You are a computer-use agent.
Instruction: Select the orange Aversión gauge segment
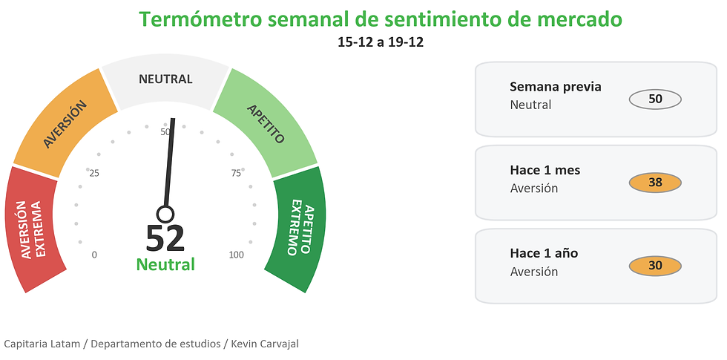click(65, 123)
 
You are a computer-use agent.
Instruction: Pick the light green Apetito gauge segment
click(266, 123)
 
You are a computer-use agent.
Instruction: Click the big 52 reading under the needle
click(165, 238)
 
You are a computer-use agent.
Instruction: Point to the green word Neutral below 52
click(165, 264)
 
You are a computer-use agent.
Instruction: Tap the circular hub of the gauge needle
click(165, 215)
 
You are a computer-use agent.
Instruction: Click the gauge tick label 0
click(94, 255)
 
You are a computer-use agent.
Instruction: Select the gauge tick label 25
click(94, 174)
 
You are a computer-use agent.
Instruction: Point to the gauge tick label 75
click(236, 174)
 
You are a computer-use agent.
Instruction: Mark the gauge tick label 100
click(237, 255)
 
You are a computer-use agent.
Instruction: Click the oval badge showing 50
click(655, 99)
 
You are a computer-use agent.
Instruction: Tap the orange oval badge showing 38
click(655, 183)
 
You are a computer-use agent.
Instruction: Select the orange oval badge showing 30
click(655, 266)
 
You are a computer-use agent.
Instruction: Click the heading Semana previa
click(556, 87)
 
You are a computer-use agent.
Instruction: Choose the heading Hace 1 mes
click(545, 170)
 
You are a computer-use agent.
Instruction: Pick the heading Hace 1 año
click(544, 253)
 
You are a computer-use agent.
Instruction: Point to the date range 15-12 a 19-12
click(381, 42)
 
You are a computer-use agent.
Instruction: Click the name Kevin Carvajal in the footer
click(265, 344)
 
